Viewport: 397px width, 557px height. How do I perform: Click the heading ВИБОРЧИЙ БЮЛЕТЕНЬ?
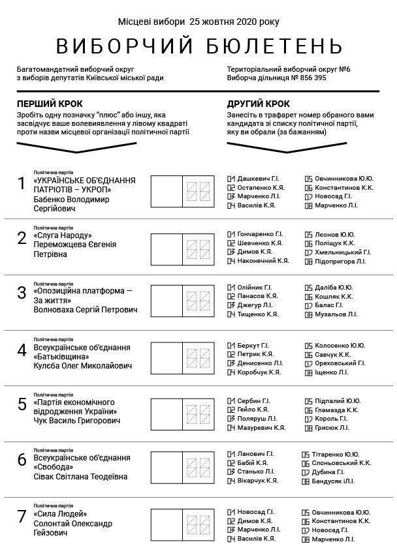pyautogui.click(x=198, y=46)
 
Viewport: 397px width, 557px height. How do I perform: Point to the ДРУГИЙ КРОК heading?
pyautogui.click(x=259, y=104)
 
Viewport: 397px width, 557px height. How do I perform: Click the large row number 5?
pyautogui.click(x=22, y=405)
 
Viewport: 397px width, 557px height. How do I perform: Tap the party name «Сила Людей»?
pyautogui.click(x=59, y=514)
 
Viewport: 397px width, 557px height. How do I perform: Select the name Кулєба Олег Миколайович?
pyautogui.click(x=83, y=366)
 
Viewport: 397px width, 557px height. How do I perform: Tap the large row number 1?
pyautogui.click(x=22, y=184)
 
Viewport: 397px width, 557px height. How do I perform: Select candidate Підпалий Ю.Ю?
pyautogui.click(x=333, y=400)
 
